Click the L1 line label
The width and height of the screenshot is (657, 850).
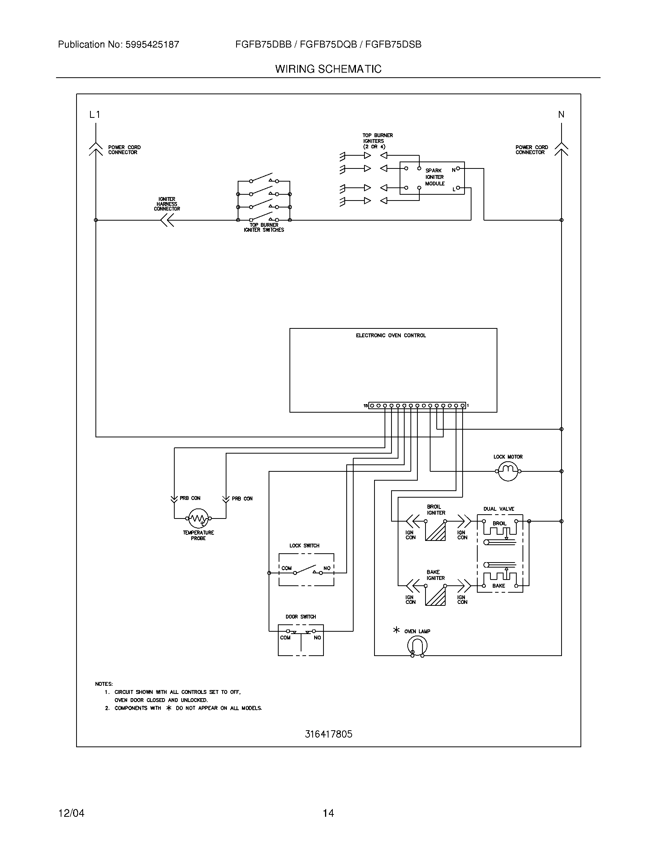click(95, 114)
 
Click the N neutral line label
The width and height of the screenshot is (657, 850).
click(561, 114)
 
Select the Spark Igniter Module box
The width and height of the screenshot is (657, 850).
click(432, 178)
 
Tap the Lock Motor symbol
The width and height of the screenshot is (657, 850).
click(508, 471)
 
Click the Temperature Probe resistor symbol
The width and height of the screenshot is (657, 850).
click(199, 518)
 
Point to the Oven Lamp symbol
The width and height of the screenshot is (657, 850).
click(417, 646)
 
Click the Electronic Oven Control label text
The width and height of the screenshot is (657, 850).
click(391, 335)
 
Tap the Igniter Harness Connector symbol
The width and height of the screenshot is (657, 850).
click(167, 220)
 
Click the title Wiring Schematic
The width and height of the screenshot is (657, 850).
click(328, 69)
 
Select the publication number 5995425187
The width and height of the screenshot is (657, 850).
click(152, 44)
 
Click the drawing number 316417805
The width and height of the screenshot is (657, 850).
click(328, 734)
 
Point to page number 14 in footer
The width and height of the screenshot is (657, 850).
click(328, 813)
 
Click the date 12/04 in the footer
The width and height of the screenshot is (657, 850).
click(71, 813)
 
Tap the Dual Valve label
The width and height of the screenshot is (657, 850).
click(499, 509)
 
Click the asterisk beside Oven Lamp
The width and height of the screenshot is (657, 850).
click(396, 630)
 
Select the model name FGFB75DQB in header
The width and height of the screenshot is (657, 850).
click(328, 44)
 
